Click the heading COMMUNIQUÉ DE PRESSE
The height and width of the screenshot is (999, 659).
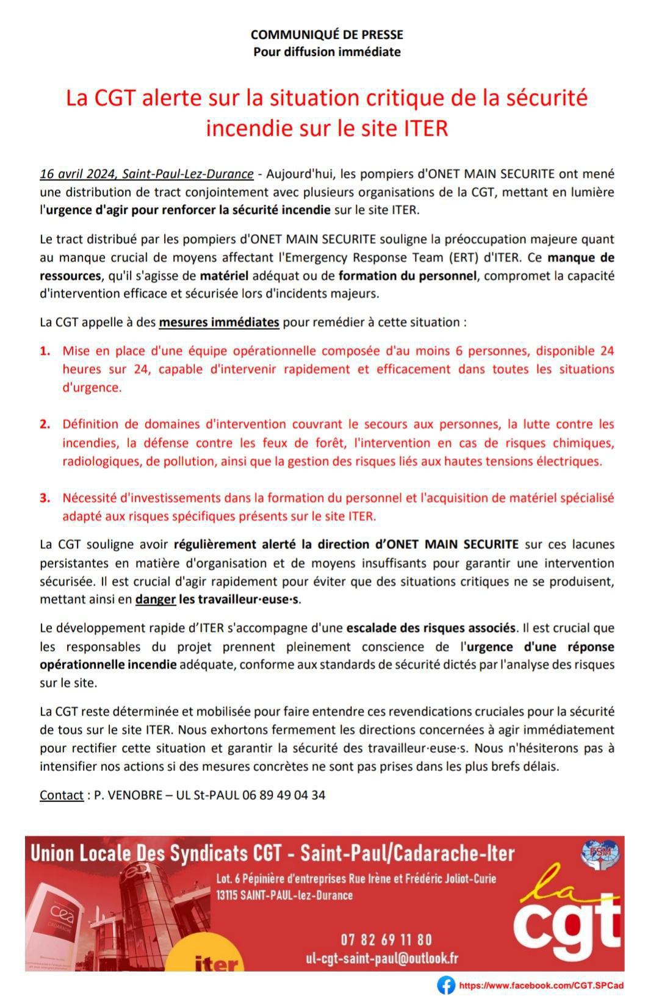click(326, 35)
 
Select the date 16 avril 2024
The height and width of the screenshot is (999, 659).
click(77, 174)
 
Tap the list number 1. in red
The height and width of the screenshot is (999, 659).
click(45, 351)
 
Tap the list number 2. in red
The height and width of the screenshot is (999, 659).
click(45, 424)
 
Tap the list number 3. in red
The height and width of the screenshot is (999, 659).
click(45, 498)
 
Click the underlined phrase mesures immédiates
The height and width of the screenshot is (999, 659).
click(219, 322)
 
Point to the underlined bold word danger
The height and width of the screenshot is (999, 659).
click(155, 600)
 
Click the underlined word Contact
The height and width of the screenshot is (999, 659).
click(61, 795)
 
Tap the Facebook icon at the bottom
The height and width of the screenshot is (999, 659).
click(446, 985)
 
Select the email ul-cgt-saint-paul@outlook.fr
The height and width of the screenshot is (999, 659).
click(382, 958)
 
